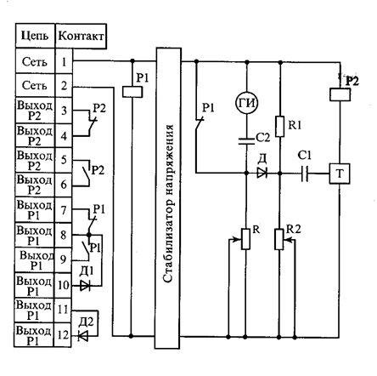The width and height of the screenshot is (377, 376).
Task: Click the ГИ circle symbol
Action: [x=246, y=103]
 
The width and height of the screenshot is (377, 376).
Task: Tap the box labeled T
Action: [x=339, y=174]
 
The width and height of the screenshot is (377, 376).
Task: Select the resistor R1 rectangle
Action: [x=279, y=126]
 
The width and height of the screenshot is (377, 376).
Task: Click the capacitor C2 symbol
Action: [x=246, y=141]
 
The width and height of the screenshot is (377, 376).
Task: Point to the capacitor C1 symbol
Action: [x=305, y=174]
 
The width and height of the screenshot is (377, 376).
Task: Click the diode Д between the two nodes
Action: [x=262, y=173]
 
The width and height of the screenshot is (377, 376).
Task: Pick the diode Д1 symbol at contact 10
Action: [x=85, y=286]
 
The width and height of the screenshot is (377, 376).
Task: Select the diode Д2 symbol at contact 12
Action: [x=83, y=336]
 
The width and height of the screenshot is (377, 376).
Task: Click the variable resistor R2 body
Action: [x=279, y=240]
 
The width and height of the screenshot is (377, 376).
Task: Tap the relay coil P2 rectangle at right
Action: [x=340, y=94]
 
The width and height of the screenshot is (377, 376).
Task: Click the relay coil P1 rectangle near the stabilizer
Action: [x=132, y=92]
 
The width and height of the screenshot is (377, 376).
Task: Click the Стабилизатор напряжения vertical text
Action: [x=167, y=203]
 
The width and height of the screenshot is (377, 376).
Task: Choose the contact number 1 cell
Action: [x=64, y=61]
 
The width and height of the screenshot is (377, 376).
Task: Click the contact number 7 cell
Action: [x=64, y=210]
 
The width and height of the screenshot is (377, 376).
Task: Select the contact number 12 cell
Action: [x=63, y=335]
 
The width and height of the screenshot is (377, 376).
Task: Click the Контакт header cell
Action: [x=81, y=36]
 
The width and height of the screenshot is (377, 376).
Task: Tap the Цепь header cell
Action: [x=35, y=36]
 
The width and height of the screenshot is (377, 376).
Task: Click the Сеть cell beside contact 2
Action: [x=35, y=85]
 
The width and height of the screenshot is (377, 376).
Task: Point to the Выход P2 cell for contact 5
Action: [x=35, y=160]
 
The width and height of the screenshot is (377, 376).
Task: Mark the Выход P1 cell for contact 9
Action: [x=34, y=260]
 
